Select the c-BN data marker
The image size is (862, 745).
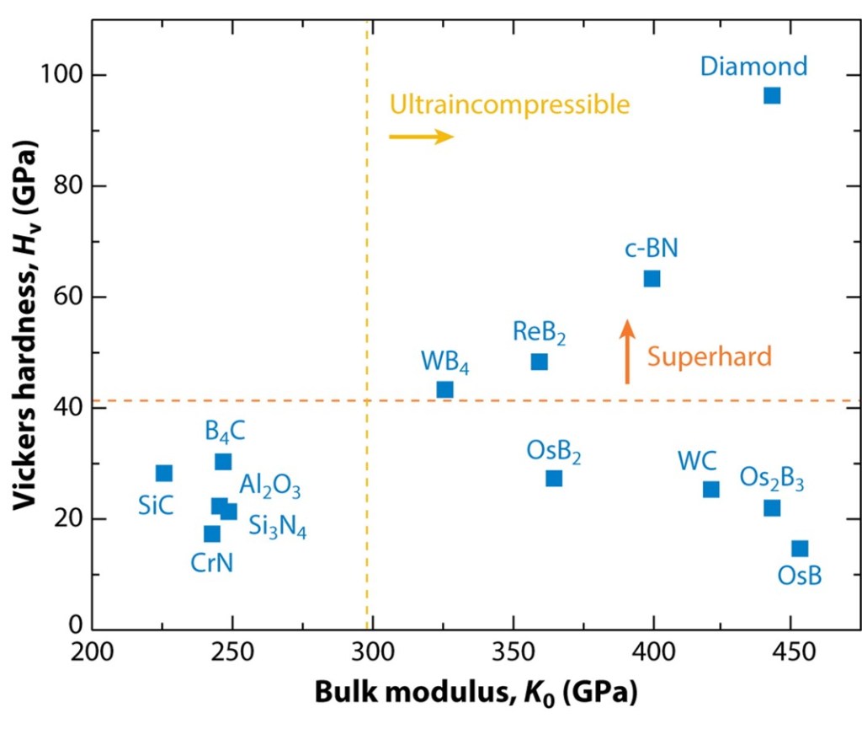pyautogui.click(x=652, y=278)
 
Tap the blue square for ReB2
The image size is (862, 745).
pyautogui.click(x=540, y=362)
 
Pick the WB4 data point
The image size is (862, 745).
pyautogui.click(x=444, y=389)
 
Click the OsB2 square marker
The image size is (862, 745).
pyautogui.click(x=554, y=479)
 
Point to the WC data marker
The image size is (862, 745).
pyautogui.click(x=711, y=489)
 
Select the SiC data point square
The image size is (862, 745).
pyautogui.click(x=164, y=473)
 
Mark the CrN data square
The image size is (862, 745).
pyautogui.click(x=212, y=533)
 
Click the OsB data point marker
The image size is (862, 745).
pyautogui.click(x=800, y=549)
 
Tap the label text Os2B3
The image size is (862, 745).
pyautogui.click(x=772, y=480)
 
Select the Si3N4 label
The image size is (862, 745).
pyautogui.click(x=277, y=527)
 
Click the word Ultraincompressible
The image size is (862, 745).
pyautogui.click(x=508, y=105)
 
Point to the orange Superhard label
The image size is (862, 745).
pyautogui.click(x=709, y=356)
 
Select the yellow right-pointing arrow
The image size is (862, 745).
pyautogui.click(x=421, y=137)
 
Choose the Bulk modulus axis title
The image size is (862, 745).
pyautogui.click(x=476, y=693)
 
